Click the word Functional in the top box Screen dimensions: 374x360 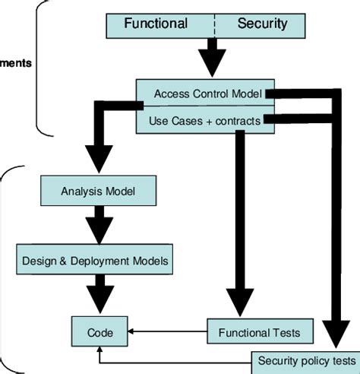click(156, 24)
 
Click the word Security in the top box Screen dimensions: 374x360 click(262, 24)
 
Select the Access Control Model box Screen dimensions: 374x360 click(207, 93)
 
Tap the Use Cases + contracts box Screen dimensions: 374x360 click(207, 121)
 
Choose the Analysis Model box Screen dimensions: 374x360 click(98, 191)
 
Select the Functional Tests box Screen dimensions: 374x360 click(259, 332)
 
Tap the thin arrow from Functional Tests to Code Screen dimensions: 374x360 click(167, 332)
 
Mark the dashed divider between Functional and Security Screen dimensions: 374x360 click(214, 24)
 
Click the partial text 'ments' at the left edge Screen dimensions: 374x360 click(15, 63)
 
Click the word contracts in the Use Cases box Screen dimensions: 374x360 click(236, 121)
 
